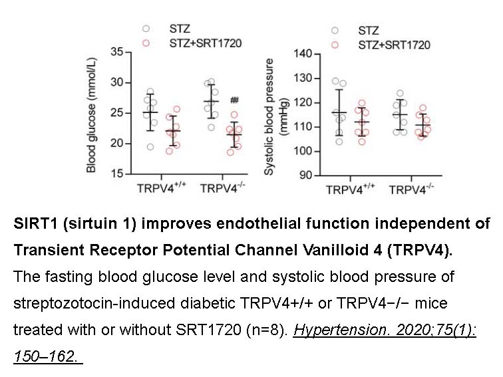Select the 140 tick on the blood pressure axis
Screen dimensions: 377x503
[x=301, y=53]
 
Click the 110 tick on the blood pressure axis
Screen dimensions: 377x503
[x=301, y=127]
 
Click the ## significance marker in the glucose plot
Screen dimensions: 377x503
[x=234, y=100]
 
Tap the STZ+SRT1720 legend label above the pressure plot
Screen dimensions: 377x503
[x=394, y=45]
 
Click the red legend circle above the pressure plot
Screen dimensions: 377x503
[x=336, y=45]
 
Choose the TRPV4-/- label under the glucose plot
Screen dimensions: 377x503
[x=223, y=188]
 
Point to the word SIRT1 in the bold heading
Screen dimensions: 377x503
[x=33, y=224]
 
